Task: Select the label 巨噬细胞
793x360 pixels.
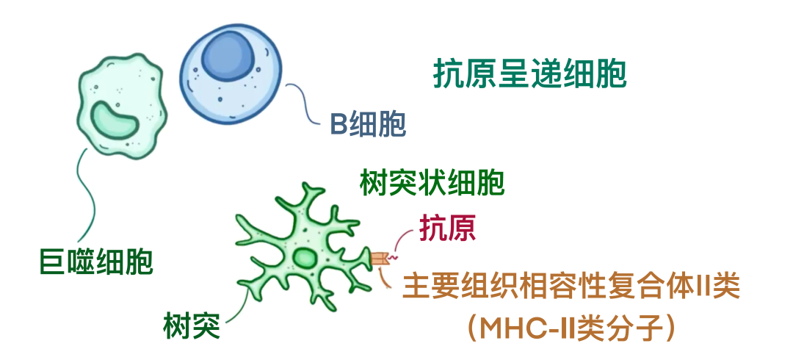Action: click(96, 262)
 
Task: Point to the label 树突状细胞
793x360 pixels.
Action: click(432, 183)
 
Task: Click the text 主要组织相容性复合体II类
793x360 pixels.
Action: click(571, 287)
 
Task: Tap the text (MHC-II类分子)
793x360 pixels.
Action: click(572, 328)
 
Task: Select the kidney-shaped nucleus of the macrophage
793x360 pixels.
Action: click(115, 123)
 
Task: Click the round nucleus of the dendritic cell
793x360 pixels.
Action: click(305, 257)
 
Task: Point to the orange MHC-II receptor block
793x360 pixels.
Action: click(379, 258)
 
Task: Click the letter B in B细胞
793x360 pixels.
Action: click(338, 125)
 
